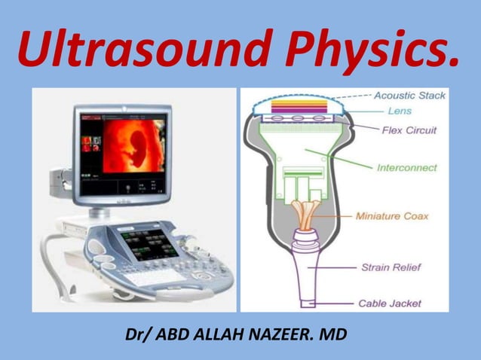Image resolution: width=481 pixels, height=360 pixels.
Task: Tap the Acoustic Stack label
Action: tap(409, 96)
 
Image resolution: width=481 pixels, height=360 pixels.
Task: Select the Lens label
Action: tap(400, 111)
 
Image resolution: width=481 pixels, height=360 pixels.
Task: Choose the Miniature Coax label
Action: tap(402, 216)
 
